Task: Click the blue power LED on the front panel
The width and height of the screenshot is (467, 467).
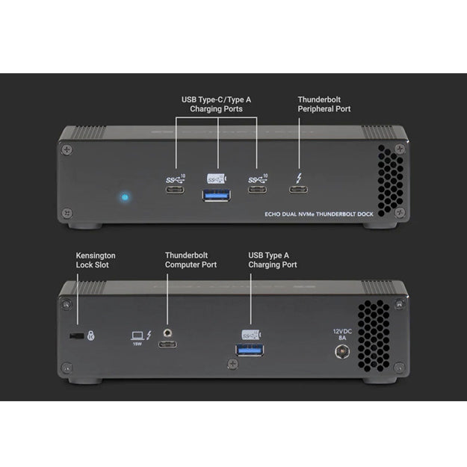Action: [125, 198]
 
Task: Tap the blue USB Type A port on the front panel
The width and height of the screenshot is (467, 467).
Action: [217, 195]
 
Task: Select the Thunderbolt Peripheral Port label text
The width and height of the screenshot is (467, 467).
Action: [324, 104]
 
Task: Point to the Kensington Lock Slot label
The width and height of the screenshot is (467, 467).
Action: [96, 260]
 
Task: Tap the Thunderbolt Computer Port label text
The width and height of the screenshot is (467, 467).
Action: [191, 260]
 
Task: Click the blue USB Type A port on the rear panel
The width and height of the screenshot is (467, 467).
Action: [250, 349]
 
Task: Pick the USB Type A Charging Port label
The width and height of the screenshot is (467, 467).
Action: [272, 260]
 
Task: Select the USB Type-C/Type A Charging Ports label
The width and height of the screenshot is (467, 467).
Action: [217, 104]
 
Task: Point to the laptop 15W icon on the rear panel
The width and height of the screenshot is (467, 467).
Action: [137, 338]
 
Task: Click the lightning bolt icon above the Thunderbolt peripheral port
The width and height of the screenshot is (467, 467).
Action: [300, 178]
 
